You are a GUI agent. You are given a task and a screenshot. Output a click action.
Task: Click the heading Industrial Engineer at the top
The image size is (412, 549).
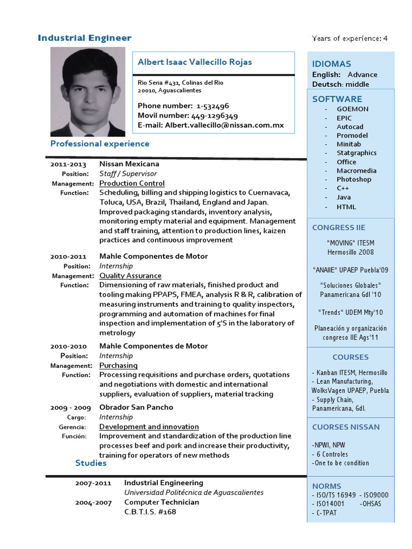pos(84,38)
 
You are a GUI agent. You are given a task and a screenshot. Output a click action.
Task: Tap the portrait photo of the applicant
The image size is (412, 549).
pos(87,92)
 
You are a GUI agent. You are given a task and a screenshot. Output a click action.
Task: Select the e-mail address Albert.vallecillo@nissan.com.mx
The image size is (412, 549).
pos(224,125)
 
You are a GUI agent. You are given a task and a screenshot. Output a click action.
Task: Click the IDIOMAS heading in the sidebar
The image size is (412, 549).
pos(332,64)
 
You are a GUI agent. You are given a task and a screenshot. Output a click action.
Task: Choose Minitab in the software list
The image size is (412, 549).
pos(349,144)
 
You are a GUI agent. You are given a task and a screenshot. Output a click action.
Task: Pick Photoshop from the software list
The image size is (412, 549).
pos(354,180)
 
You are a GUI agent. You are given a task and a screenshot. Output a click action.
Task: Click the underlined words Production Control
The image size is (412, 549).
pos(132,183)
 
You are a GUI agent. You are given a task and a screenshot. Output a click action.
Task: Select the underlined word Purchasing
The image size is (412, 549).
pos(119,365)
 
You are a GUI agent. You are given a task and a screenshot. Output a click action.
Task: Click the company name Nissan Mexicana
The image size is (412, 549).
pos(129,164)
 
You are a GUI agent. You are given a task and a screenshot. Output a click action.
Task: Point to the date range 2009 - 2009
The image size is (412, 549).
pos(70,407)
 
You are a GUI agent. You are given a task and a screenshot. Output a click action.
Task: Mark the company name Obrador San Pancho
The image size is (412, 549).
pos(136,407)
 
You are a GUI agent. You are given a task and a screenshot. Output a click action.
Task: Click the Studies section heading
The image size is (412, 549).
pos(91,463)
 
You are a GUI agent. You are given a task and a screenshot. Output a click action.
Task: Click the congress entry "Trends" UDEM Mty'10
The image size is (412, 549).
pos(350,312)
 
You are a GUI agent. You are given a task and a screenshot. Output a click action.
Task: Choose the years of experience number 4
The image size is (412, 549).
pos(385,38)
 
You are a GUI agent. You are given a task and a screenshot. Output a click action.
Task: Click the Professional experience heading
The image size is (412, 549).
pos(100,144)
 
